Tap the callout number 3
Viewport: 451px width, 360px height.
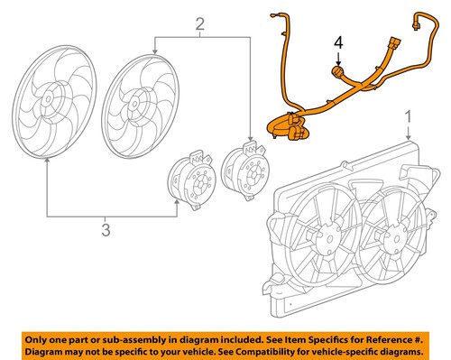pyautogui.click(x=106, y=231)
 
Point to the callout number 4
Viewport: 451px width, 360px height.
pyautogui.click(x=339, y=42)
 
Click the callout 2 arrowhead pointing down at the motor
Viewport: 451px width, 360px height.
pyautogui.click(x=250, y=133)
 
